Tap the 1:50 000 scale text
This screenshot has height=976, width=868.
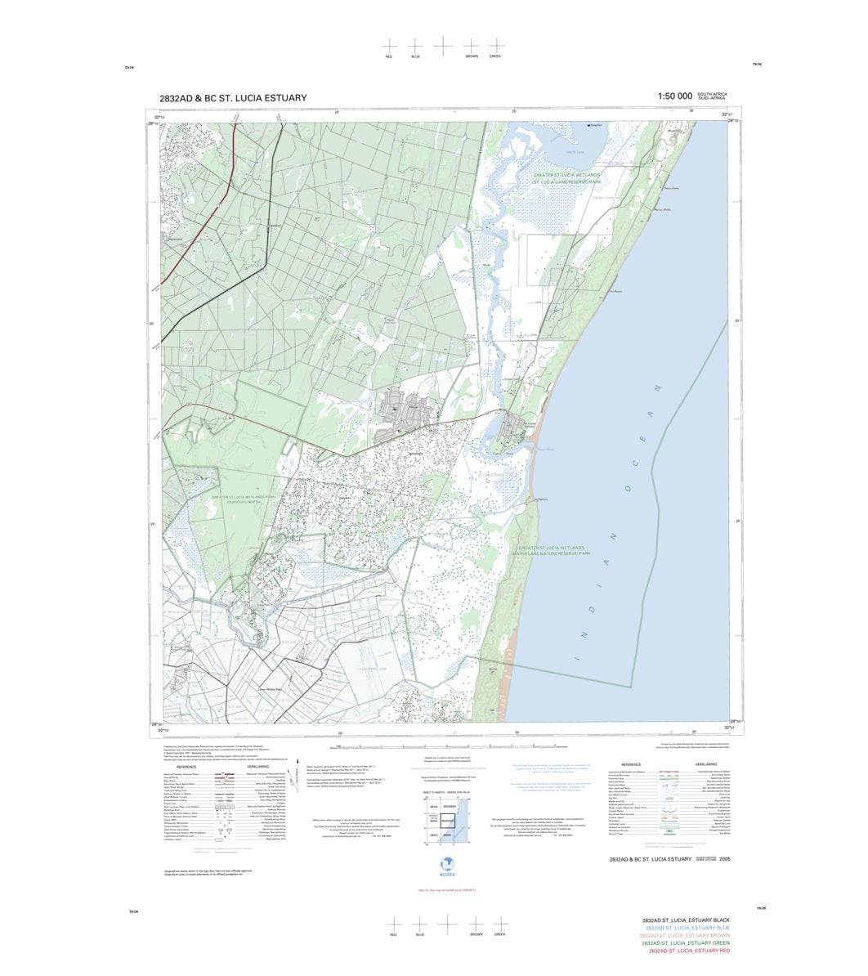(x=674, y=96)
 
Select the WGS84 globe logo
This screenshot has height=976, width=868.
(x=446, y=865)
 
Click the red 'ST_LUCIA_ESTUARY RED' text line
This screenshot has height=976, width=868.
(x=689, y=951)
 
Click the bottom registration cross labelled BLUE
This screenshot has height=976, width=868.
(x=420, y=921)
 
